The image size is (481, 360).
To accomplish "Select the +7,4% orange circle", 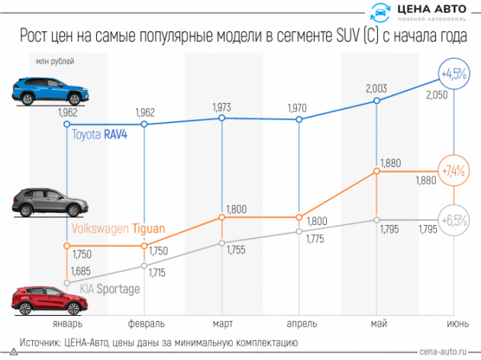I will pyautogui.click(x=454, y=171).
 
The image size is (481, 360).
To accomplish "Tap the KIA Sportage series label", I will pyautogui.click(x=111, y=289).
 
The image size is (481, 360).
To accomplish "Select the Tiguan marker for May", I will pyautogui.click(x=376, y=172).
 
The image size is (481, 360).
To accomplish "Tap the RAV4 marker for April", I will pyautogui.click(x=299, y=120).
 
